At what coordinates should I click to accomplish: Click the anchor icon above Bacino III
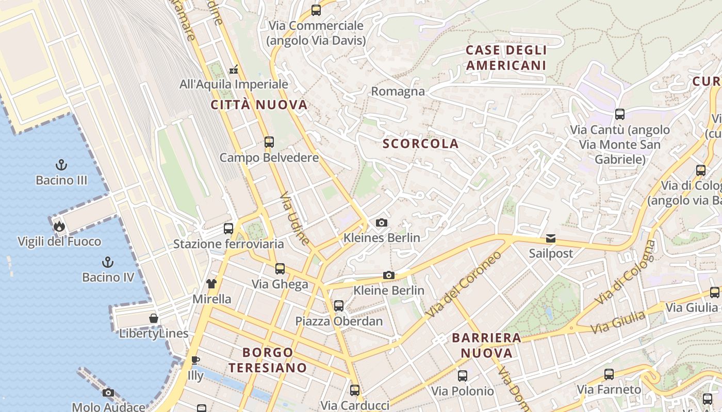click(61, 165)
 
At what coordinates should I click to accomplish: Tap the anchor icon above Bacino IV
click(108, 262)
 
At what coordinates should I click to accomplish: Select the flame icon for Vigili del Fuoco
click(59, 226)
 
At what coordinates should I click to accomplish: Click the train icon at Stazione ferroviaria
click(228, 229)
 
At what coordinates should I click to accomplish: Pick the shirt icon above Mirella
click(211, 283)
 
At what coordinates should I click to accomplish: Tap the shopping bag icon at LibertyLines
click(154, 318)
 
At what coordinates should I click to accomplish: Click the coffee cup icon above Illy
click(195, 360)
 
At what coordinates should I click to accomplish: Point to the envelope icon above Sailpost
click(551, 238)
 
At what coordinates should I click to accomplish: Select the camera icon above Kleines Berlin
click(382, 222)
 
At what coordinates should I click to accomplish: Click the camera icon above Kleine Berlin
click(389, 276)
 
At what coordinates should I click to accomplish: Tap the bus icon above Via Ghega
click(280, 268)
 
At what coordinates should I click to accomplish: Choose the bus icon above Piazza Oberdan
click(339, 305)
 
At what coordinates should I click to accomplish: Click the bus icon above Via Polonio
click(463, 375)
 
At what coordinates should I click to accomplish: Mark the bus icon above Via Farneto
click(609, 374)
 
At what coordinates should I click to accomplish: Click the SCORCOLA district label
click(421, 144)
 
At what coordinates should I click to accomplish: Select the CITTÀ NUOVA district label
click(259, 105)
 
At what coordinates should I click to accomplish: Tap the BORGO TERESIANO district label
click(268, 360)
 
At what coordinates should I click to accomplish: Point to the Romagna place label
click(398, 92)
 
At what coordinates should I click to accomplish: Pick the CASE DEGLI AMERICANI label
click(506, 58)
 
